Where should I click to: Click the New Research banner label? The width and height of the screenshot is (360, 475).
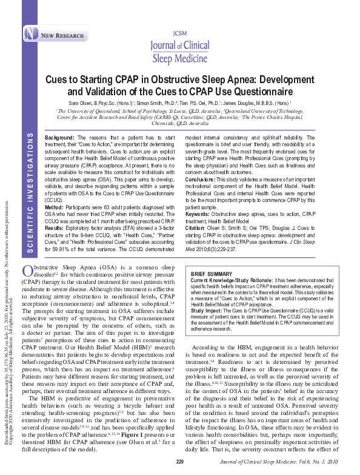62,36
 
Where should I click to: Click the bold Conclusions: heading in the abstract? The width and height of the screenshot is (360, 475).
202,179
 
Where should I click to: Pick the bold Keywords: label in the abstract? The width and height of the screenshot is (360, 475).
199,215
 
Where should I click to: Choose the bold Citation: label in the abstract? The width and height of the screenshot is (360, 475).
197,227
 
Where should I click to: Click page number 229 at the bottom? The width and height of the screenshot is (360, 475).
180,462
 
